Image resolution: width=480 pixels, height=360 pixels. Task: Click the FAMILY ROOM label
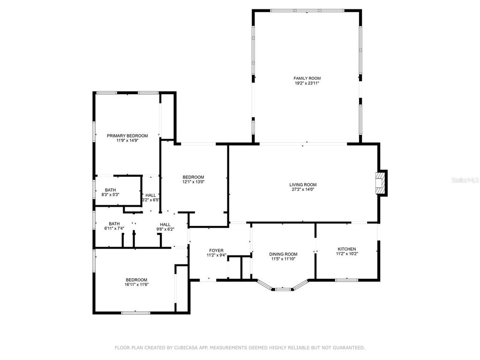(x=307, y=78)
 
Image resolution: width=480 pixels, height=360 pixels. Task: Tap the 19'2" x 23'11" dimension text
(x=307, y=83)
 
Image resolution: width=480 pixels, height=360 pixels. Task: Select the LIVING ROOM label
(x=303, y=185)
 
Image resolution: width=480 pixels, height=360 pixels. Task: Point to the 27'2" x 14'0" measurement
(x=303, y=190)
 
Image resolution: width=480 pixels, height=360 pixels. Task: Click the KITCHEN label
(x=347, y=249)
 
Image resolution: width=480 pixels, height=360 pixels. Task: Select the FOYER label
(x=216, y=251)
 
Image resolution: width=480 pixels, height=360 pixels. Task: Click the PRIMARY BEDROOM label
(x=127, y=136)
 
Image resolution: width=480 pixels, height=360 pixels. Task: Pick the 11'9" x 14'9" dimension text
(x=127, y=141)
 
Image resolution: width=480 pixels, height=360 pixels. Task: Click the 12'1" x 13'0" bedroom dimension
(x=193, y=182)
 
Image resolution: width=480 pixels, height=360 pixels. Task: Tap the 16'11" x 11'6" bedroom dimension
(x=136, y=285)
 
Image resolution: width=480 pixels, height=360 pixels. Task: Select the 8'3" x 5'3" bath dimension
(x=111, y=195)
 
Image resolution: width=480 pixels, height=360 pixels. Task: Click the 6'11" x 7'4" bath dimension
(x=114, y=229)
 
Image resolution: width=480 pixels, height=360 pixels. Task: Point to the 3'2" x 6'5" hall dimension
(x=151, y=200)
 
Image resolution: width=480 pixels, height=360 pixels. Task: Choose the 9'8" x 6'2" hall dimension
(x=165, y=229)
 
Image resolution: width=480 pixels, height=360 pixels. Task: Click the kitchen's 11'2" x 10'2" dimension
(x=347, y=254)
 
